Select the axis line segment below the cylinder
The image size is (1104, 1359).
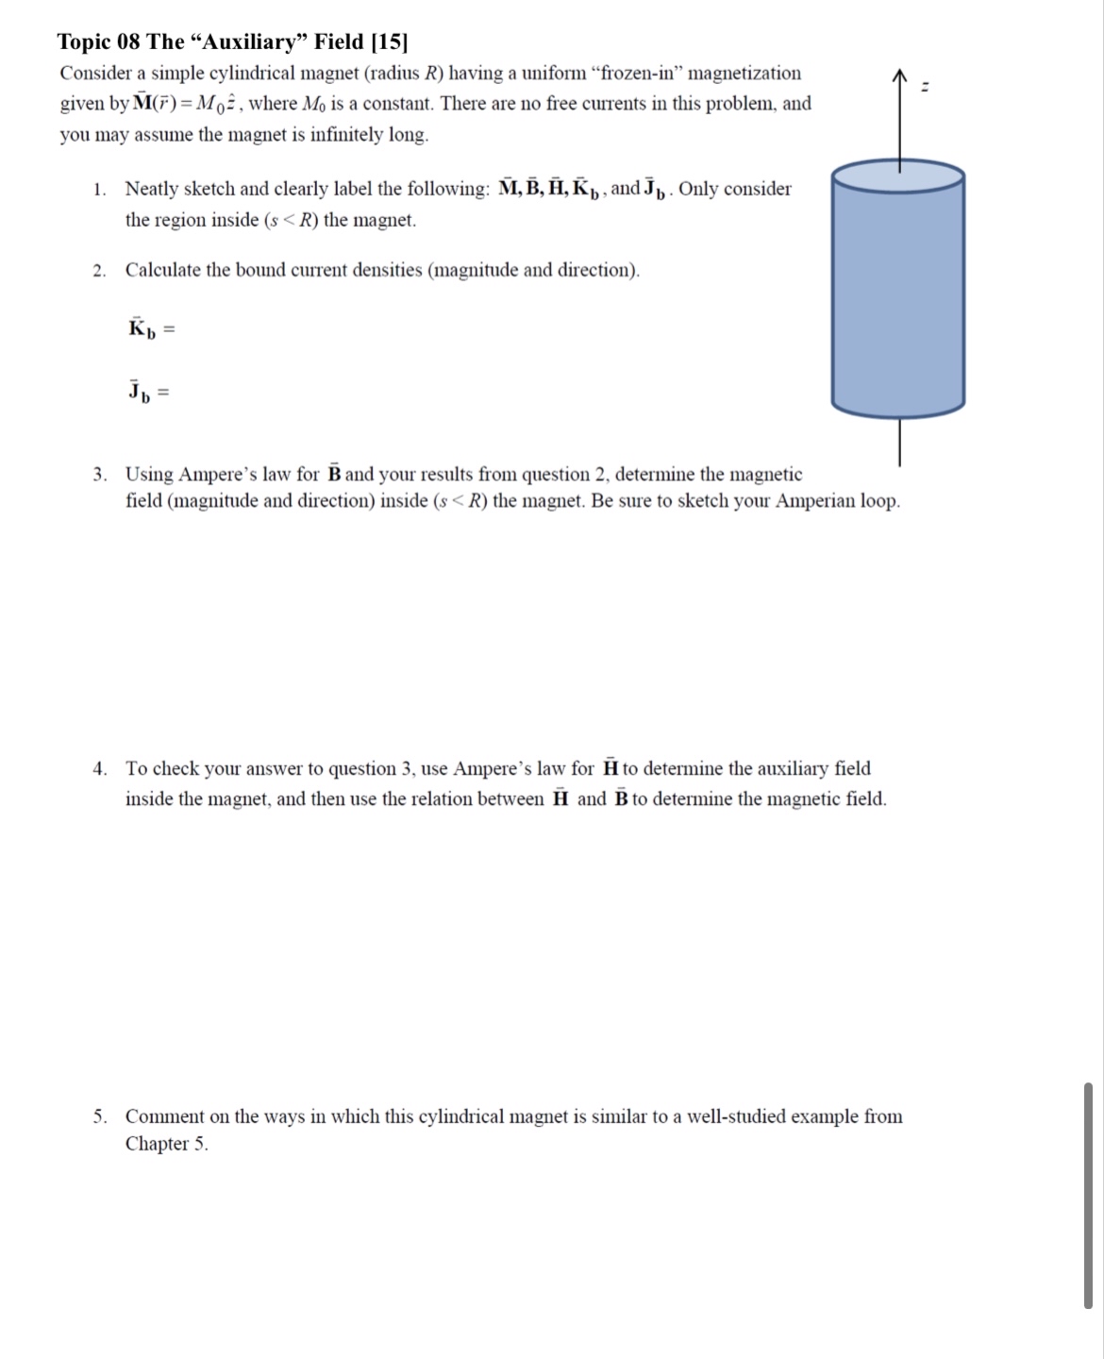point(899,442)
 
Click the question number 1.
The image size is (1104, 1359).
point(98,190)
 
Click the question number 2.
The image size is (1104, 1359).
point(98,271)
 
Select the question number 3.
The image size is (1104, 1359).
point(98,475)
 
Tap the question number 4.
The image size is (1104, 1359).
point(98,769)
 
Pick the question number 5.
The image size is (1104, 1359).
point(98,1117)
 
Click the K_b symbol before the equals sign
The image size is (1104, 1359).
point(141,329)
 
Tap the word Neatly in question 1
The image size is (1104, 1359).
point(152,189)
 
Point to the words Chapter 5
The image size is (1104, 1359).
point(166,1144)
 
